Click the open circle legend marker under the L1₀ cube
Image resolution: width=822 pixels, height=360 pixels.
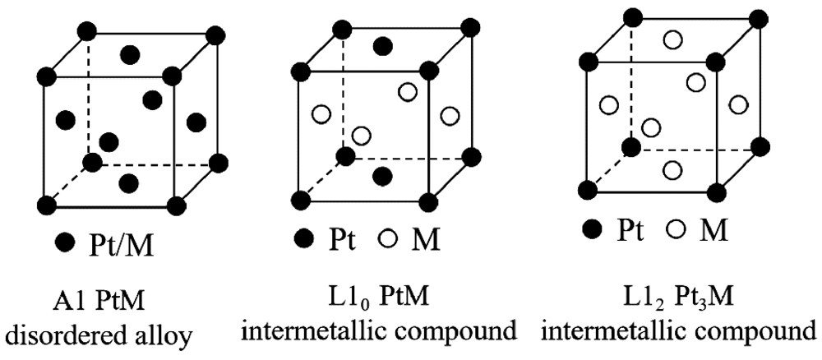389,239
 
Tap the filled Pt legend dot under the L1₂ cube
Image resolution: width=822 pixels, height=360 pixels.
593,229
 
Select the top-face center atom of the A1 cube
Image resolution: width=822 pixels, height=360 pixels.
130,54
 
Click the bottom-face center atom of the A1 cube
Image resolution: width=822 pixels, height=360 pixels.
128,183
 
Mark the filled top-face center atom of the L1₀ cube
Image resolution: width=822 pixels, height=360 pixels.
383,46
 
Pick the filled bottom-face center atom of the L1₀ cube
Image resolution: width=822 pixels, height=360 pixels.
383,176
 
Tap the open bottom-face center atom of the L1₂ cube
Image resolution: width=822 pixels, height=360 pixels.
672,170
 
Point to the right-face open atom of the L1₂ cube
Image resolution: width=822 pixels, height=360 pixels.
737,105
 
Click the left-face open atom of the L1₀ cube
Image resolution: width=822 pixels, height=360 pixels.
321,113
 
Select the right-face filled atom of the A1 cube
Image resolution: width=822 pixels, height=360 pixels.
196,122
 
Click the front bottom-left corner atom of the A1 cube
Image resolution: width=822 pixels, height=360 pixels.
47,204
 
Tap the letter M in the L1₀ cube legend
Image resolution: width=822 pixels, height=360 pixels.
426,240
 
